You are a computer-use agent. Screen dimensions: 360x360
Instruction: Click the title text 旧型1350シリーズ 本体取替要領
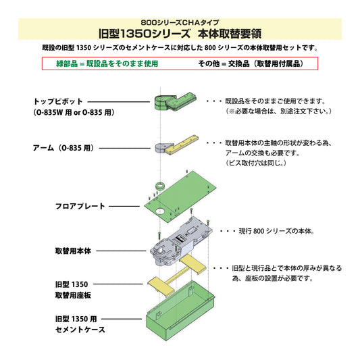pos(180,32)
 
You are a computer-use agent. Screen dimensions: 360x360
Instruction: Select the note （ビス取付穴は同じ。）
pos(257,163)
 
